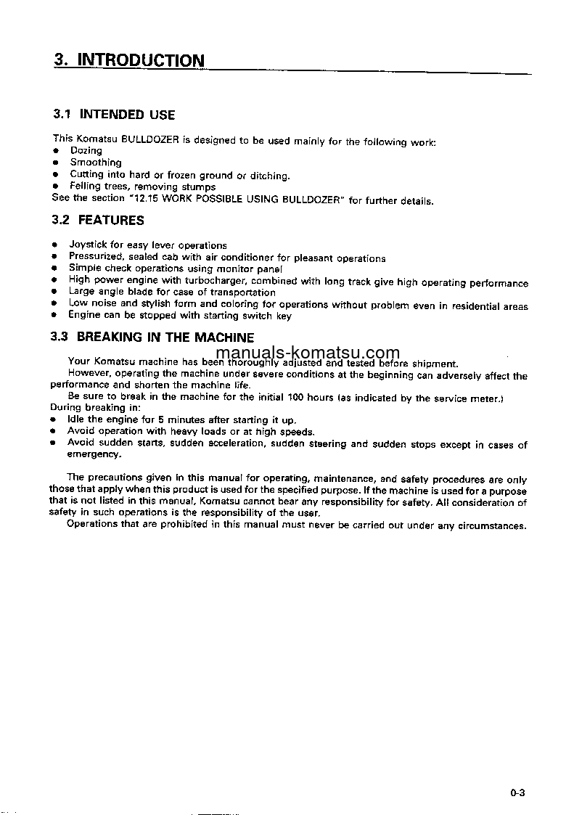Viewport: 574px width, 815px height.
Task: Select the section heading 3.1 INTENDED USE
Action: (114, 115)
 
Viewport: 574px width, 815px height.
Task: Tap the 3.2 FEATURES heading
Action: (98, 221)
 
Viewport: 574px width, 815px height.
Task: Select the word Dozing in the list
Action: (86, 151)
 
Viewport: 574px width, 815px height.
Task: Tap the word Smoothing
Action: (95, 163)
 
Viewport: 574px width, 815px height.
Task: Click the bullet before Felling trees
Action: (54, 187)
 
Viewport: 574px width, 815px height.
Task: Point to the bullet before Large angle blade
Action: (54, 292)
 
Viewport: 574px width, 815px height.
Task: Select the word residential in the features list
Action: (475, 306)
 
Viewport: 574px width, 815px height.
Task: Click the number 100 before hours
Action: (296, 398)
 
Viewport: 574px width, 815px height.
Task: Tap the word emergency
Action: (94, 454)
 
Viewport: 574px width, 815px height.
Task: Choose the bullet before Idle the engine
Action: (54, 419)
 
